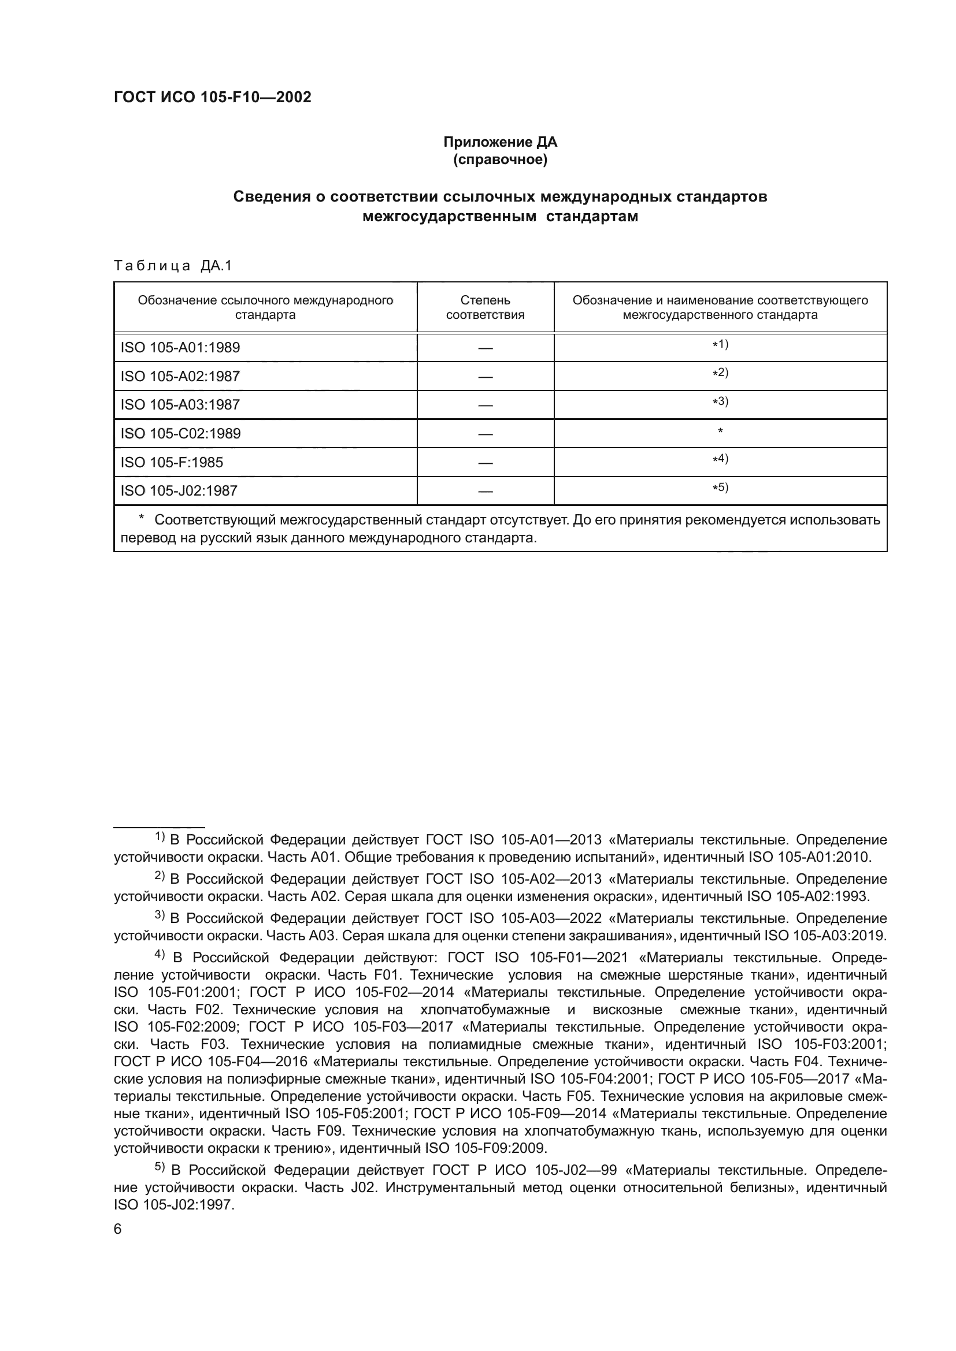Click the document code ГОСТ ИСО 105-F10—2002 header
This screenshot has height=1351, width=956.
[x=213, y=98]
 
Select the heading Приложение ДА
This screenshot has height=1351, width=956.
[x=500, y=142]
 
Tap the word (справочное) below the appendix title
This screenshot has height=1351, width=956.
[x=500, y=159]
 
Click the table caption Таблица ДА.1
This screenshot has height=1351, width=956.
[x=173, y=266]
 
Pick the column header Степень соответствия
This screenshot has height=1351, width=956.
[x=485, y=307]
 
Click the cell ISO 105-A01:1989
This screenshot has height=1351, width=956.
[x=180, y=347]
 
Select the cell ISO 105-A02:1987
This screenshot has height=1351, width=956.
[x=180, y=376]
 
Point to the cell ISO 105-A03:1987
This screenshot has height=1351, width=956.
[x=180, y=405]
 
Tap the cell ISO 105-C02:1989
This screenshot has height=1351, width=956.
[x=181, y=434]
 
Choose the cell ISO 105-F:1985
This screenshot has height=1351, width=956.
[x=172, y=463]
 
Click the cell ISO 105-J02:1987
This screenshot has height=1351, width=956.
[x=179, y=491]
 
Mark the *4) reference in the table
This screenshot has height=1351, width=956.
[x=720, y=459]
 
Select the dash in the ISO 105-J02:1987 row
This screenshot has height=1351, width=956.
[x=485, y=492]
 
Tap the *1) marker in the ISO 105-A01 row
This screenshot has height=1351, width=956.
[x=720, y=344]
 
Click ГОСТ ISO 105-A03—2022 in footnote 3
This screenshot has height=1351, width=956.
[x=513, y=918]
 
